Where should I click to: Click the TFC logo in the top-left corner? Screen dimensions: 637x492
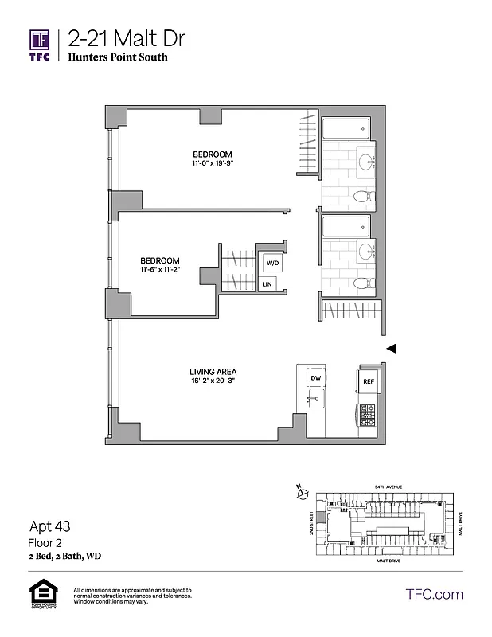40,45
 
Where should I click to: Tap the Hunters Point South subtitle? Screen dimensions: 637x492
117,57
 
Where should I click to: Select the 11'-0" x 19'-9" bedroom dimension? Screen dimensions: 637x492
212,163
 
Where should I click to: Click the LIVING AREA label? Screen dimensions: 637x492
213,371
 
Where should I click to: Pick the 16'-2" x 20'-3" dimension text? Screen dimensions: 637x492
213,381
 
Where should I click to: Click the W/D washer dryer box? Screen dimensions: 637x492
272,262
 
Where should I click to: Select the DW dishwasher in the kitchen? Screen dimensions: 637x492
316,379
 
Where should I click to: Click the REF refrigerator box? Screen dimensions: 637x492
368,381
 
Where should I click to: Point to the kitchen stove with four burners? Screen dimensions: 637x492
367,415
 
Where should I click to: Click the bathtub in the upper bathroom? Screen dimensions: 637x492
346,128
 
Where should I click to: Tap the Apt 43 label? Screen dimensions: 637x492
48,526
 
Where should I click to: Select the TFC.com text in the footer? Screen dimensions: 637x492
434,594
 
